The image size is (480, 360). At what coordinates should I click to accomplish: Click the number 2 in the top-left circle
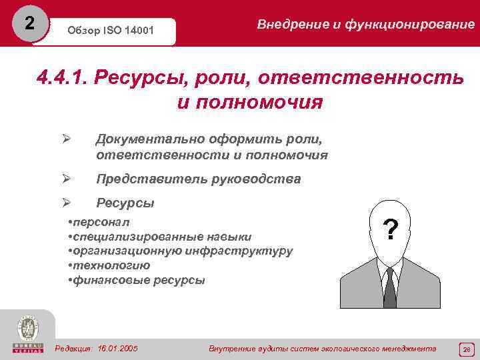(28, 23)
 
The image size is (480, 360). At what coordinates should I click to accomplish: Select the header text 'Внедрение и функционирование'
(365, 25)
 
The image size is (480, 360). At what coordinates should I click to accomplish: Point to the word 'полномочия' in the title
(250, 103)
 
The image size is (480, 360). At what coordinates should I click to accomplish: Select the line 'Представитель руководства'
(198, 179)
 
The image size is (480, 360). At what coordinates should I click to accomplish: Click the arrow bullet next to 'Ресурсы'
(65, 203)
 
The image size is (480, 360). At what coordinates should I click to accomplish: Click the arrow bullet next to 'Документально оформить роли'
(65, 139)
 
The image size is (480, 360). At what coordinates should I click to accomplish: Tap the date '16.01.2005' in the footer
(117, 349)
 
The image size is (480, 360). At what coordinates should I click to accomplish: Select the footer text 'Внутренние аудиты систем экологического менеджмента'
(323, 349)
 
